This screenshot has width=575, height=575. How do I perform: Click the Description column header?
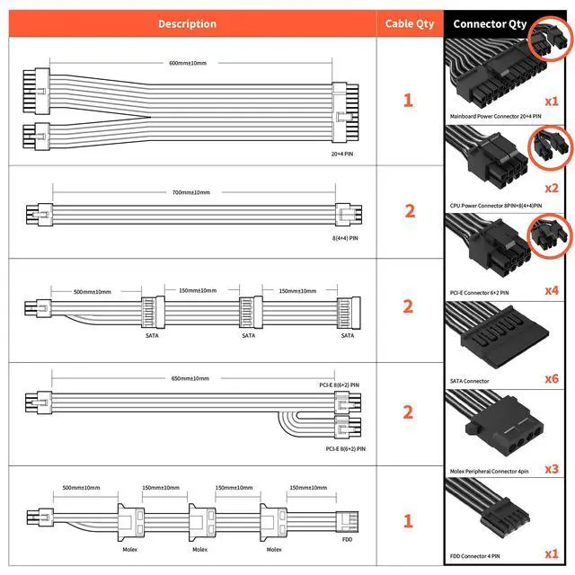coord(187,23)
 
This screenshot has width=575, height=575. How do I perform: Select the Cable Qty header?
coord(409,23)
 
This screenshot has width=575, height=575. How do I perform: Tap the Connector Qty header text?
coord(490,23)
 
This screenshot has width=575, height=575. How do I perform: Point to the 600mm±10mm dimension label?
coord(187,62)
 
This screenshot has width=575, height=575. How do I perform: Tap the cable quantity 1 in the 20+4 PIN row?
coord(410,99)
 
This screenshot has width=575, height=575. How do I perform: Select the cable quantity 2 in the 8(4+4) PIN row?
coord(410,211)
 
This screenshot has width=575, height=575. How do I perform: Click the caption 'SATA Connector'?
coord(470,381)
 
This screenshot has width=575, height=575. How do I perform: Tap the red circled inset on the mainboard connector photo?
coord(549,42)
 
